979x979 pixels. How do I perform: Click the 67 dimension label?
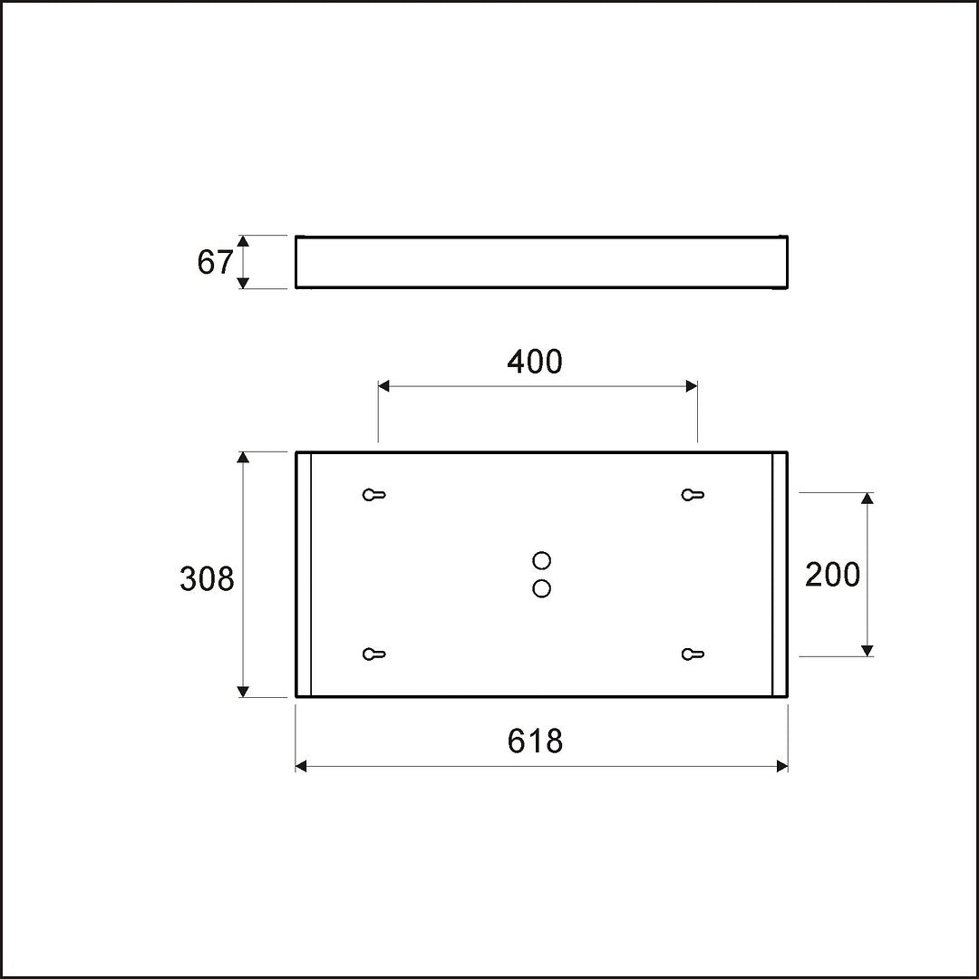[215, 262]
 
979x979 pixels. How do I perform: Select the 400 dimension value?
[535, 362]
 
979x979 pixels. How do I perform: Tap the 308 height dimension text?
[207, 578]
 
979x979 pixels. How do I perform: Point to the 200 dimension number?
[832, 575]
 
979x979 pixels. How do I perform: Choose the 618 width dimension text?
[535, 742]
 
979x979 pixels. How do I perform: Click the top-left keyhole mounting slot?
[374, 495]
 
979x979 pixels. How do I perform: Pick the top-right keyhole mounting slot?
[693, 495]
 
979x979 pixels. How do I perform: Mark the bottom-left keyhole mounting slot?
[374, 654]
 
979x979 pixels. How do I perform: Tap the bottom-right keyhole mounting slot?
[693, 654]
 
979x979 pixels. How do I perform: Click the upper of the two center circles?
[541, 560]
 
